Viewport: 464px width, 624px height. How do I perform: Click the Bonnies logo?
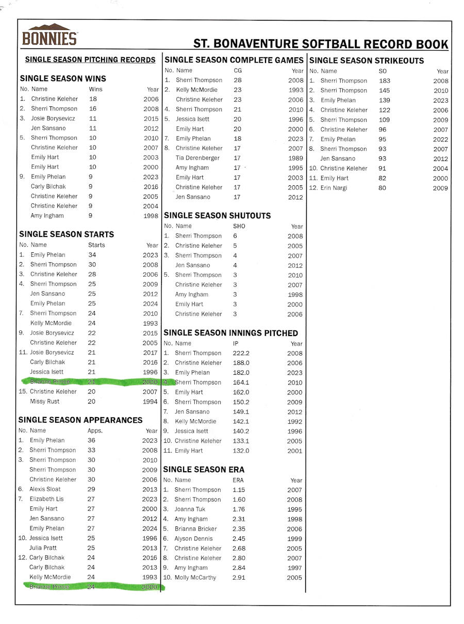point(49,35)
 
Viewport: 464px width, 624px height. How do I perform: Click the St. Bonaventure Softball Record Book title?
point(321,44)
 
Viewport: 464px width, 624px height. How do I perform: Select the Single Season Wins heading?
point(63,79)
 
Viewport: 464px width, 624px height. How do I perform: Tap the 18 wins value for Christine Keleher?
point(93,99)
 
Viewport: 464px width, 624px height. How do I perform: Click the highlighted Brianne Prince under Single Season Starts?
point(50,382)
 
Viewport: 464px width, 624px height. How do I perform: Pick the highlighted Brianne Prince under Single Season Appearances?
point(49,587)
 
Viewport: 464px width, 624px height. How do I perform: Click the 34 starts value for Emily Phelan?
point(92,254)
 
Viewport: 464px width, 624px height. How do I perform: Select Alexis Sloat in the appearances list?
point(45,489)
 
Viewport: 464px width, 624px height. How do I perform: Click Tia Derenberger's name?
point(197,158)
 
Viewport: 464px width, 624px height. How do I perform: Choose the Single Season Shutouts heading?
point(217,216)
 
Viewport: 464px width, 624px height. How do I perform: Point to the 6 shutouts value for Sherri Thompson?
point(235,236)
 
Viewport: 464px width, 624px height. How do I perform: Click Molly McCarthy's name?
point(195,578)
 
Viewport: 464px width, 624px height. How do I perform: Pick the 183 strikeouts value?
point(384,81)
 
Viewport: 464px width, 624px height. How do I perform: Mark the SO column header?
point(383,71)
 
